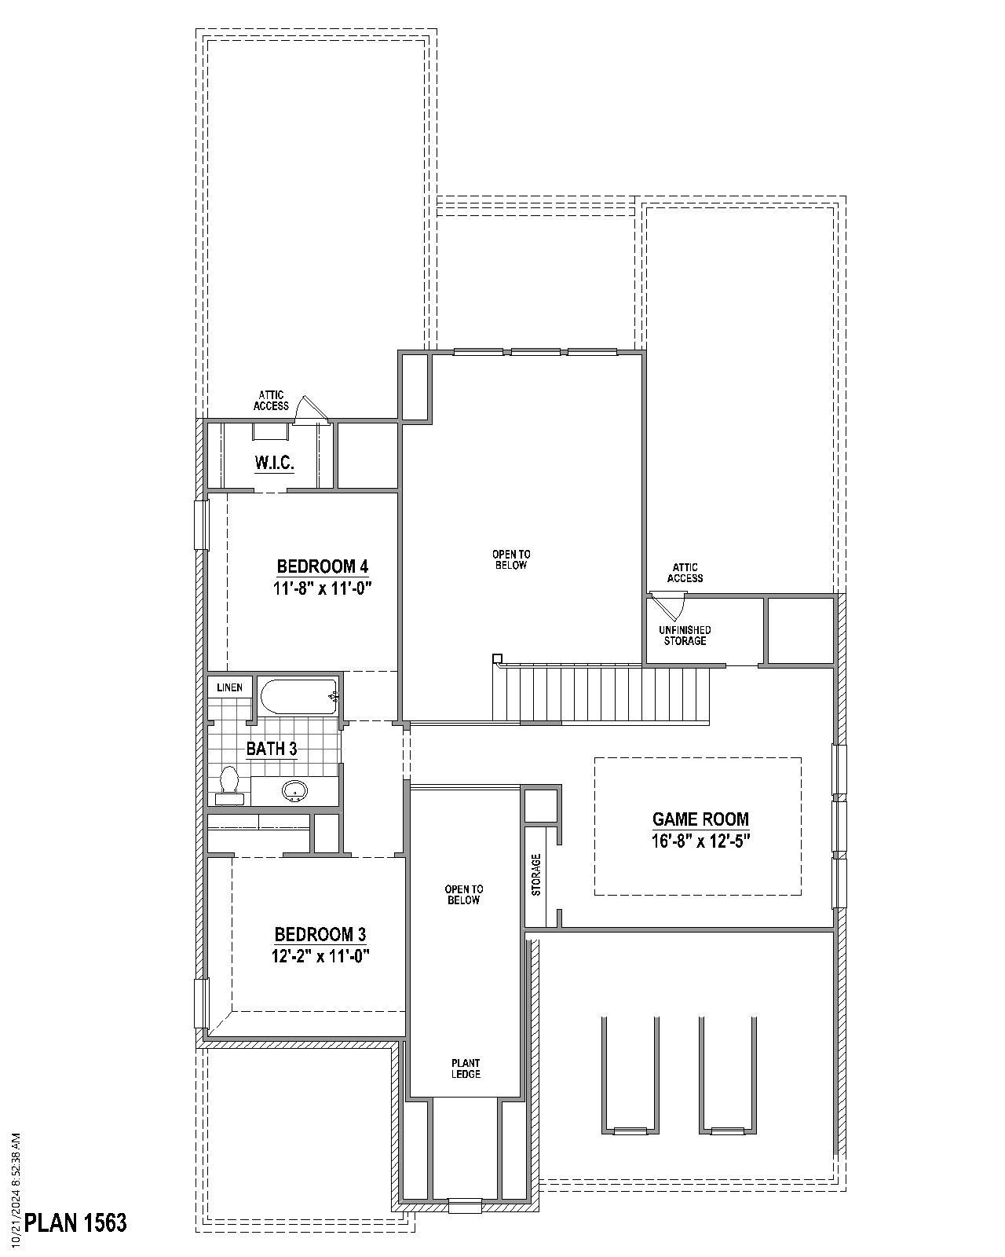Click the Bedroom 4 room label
pyautogui.click(x=322, y=566)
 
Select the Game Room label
pyautogui.click(x=700, y=819)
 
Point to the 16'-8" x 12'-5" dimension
pyautogui.click(x=700, y=841)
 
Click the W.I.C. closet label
pyautogui.click(x=274, y=463)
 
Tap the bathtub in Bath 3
pyautogui.click(x=298, y=696)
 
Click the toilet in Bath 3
pyautogui.click(x=229, y=782)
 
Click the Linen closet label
pyautogui.click(x=230, y=687)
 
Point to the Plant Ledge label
pyautogui.click(x=466, y=1068)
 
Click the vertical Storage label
pyautogui.click(x=536, y=874)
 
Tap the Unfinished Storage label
pyautogui.click(x=685, y=636)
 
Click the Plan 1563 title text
pyautogui.click(x=75, y=1222)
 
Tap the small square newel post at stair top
pyautogui.click(x=497, y=658)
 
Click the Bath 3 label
pyautogui.click(x=272, y=749)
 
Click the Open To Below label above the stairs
pyautogui.click(x=511, y=559)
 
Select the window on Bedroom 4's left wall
pyautogui.click(x=203, y=525)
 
